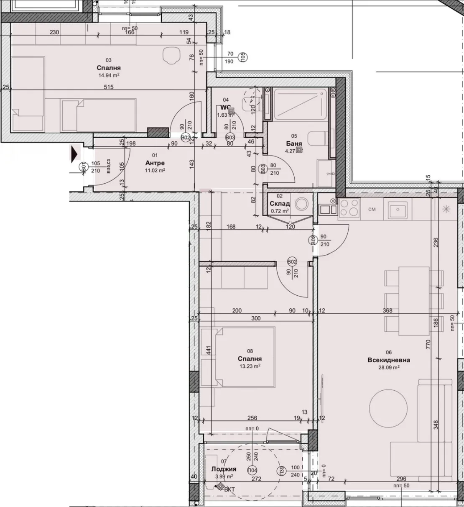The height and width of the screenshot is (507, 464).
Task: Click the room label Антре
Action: pyautogui.click(x=155, y=163)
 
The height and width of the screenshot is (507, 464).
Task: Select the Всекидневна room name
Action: pyautogui.click(x=389, y=360)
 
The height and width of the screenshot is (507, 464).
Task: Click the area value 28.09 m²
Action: pyautogui.click(x=389, y=367)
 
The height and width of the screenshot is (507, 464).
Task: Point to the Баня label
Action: pyautogui.click(x=294, y=143)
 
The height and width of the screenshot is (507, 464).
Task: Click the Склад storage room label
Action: pyautogui.click(x=280, y=204)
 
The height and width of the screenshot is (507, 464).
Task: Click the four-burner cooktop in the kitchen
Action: pyautogui.click(x=349, y=208)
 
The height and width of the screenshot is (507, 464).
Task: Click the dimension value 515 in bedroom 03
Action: pyautogui.click(x=110, y=87)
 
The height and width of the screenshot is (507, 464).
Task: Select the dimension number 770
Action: pyautogui.click(x=428, y=344)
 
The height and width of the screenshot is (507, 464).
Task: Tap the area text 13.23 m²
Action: pyautogui.click(x=250, y=366)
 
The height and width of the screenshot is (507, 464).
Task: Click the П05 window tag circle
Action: pyautogui.click(x=242, y=57)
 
